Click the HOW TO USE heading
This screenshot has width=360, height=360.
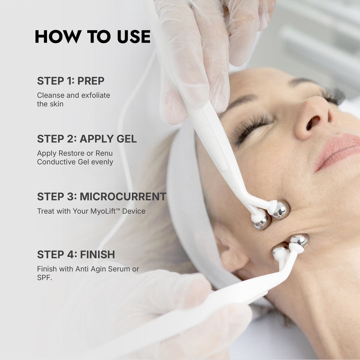click(x=92, y=37)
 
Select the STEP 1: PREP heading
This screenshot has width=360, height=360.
click(x=70, y=81)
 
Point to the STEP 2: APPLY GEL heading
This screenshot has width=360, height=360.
click(x=87, y=139)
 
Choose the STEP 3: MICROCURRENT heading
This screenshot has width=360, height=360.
click(x=101, y=196)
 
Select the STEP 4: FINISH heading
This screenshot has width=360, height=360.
click(x=76, y=254)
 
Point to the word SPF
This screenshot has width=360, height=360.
click(x=44, y=277)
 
